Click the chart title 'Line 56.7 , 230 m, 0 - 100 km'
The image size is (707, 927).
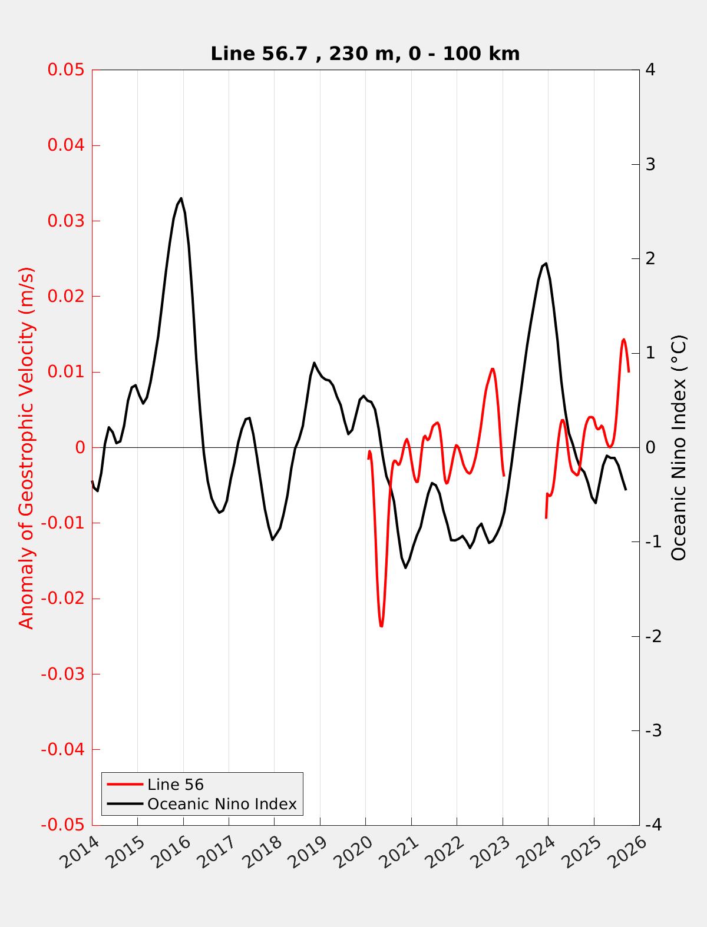tap(365, 54)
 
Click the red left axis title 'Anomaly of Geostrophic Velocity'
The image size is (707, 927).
tap(27, 448)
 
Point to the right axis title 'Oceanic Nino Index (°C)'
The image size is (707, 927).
tap(679, 448)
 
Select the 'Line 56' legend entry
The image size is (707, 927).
tap(175, 785)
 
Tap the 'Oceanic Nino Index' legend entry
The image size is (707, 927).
tap(222, 804)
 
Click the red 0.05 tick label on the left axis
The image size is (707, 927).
tap(66, 70)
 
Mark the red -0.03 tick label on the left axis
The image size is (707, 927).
tap(62, 674)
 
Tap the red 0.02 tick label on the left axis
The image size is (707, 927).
tap(66, 297)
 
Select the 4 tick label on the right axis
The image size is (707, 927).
tap(650, 70)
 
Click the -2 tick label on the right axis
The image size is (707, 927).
tap(652, 636)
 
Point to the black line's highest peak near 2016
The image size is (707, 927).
tap(181, 198)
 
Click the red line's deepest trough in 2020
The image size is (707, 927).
tap(381, 626)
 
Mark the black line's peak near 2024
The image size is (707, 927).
tap(546, 263)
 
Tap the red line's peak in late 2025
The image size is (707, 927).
tap(624, 340)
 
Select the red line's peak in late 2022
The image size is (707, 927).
tap(493, 369)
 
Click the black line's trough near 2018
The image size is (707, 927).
tap(272, 540)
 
